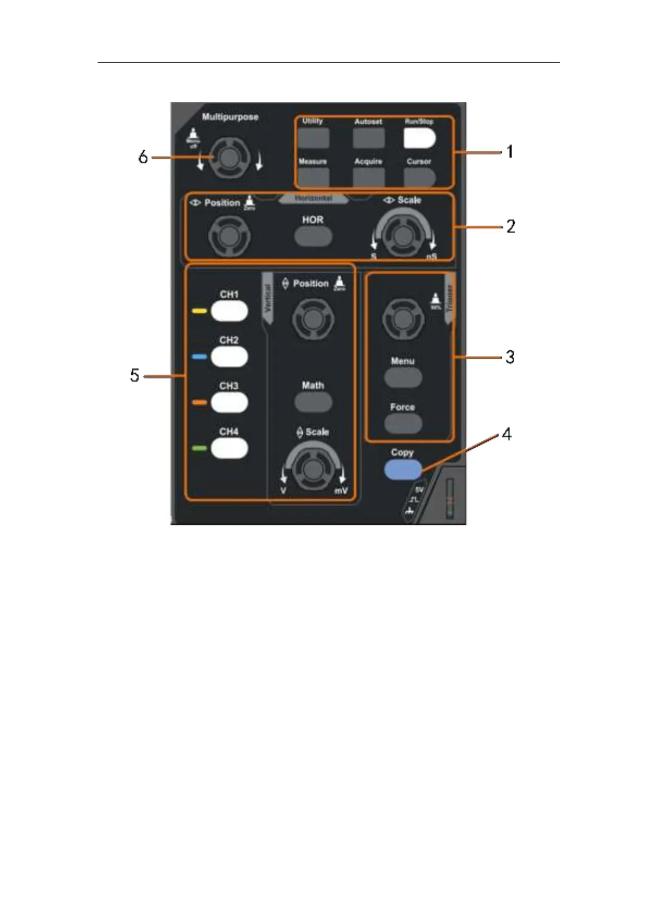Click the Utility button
tap(314, 138)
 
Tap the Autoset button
tap(368, 138)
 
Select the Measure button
tap(314, 177)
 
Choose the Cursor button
tap(419, 177)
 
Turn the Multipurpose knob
tap(228, 158)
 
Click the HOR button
tap(313, 236)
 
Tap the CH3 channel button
tap(229, 403)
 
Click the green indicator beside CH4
tap(200, 448)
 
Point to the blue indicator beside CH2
tap(200, 357)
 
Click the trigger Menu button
tap(403, 377)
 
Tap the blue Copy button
tap(402, 470)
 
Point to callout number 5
tap(135, 375)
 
